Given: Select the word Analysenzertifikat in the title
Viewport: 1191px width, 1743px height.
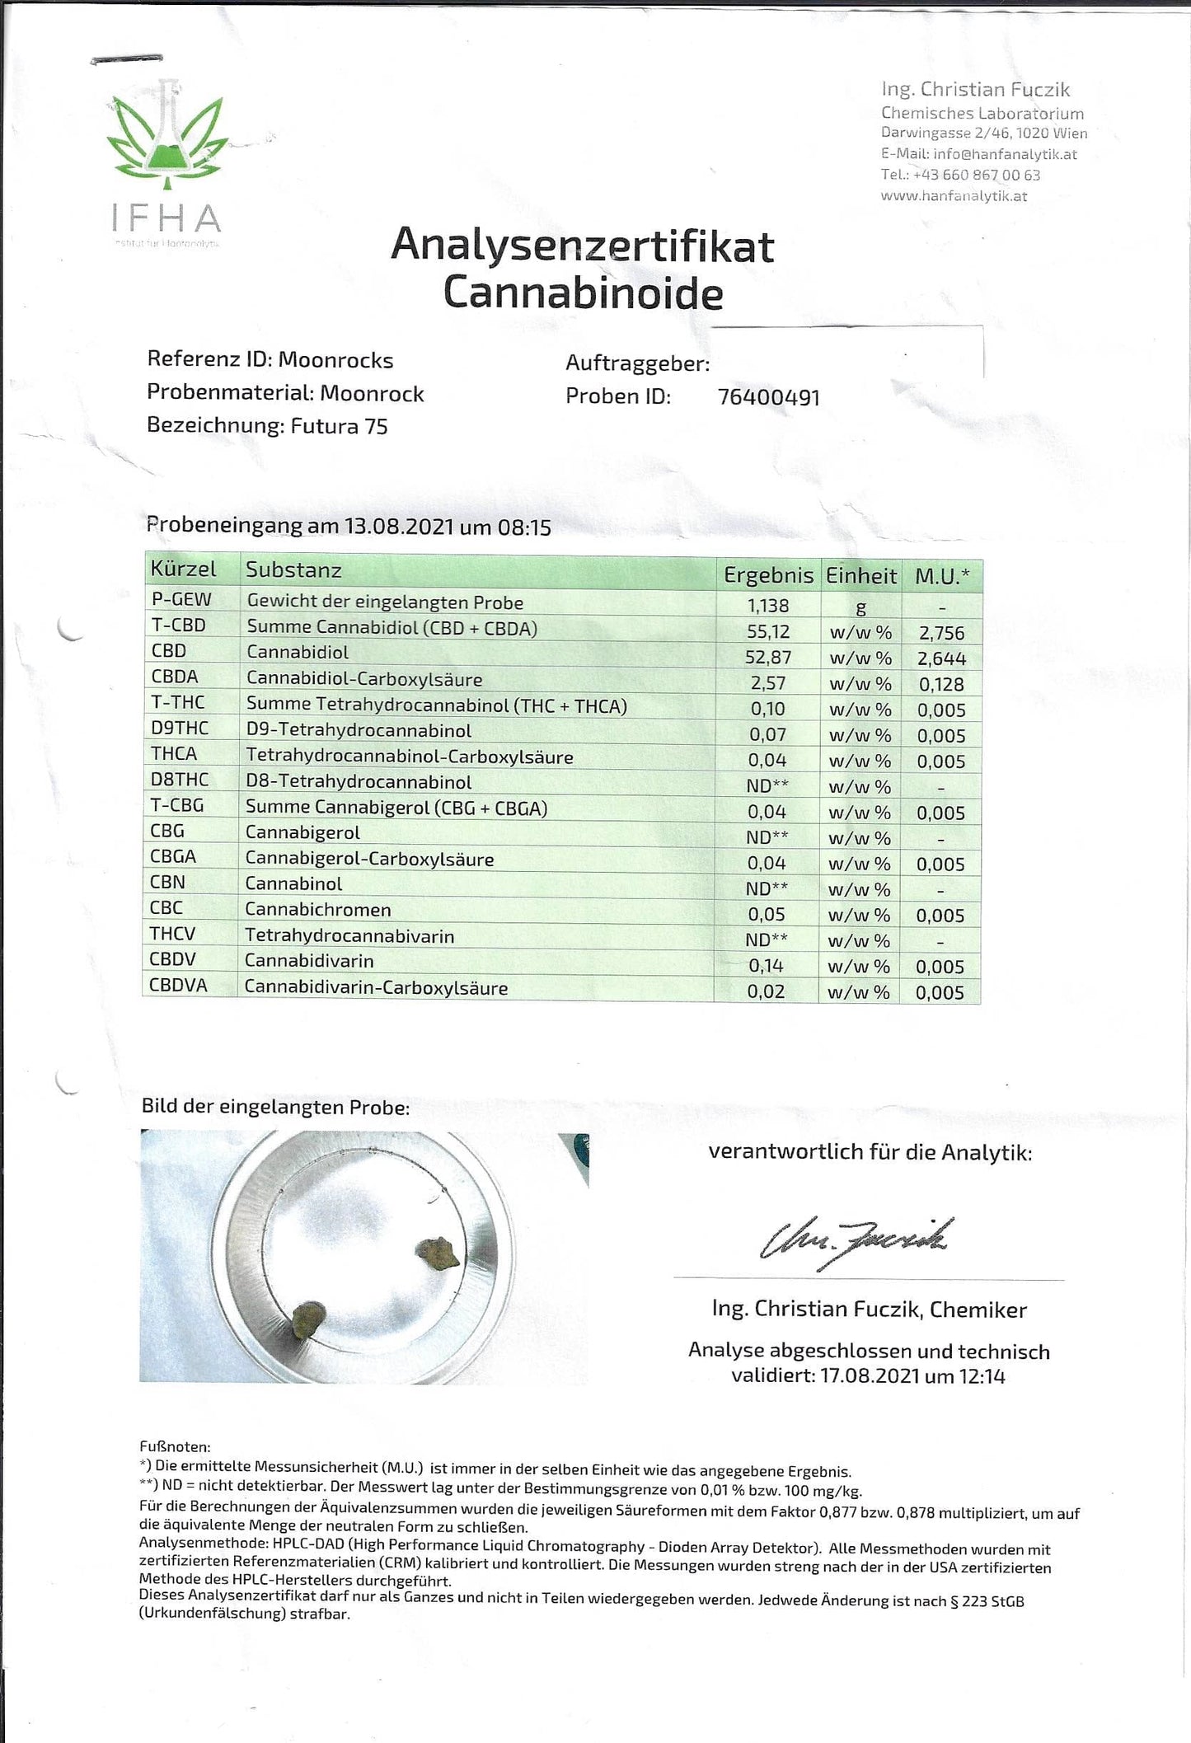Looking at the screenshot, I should click(582, 246).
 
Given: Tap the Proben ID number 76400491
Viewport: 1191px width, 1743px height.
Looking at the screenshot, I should click(768, 397).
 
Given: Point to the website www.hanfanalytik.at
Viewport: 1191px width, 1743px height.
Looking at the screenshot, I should click(954, 196).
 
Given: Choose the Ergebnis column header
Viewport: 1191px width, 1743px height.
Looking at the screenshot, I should click(768, 575).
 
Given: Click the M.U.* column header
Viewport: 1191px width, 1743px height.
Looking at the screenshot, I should click(942, 576).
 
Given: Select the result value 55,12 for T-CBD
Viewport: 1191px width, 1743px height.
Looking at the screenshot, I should click(768, 632).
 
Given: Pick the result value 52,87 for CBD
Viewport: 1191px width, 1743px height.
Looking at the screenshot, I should click(768, 658).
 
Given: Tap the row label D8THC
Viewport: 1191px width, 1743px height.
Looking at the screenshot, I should click(180, 780).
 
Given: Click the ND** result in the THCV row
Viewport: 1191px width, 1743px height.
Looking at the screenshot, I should click(767, 939).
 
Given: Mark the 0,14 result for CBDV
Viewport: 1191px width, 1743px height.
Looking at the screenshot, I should click(767, 966).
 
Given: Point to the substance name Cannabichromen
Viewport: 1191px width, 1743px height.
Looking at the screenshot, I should click(317, 910).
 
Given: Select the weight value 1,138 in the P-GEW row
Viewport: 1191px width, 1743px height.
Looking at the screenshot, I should click(768, 606).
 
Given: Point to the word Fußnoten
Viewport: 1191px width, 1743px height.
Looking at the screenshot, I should click(175, 1446).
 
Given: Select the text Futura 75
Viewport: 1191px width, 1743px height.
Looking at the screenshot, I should click(339, 426).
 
